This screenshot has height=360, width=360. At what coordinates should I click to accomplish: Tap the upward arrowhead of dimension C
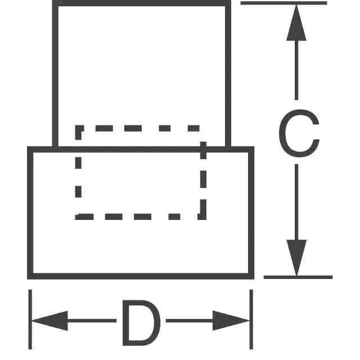(x=296, y=22)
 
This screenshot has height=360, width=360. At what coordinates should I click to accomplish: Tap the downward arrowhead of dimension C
(x=296, y=258)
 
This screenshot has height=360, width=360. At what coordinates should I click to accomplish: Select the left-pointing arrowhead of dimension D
(x=49, y=321)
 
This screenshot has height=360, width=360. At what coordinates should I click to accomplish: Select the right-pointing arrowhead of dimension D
(x=231, y=321)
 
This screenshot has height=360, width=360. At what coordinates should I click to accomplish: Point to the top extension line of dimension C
(x=283, y=3)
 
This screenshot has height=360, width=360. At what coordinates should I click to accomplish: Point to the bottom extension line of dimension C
(x=298, y=277)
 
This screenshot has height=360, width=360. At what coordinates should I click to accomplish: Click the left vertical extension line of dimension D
(x=30, y=319)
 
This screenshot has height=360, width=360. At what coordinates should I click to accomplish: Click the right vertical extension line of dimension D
(x=251, y=319)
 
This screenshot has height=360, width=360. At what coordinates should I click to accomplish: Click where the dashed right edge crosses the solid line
(x=203, y=150)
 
